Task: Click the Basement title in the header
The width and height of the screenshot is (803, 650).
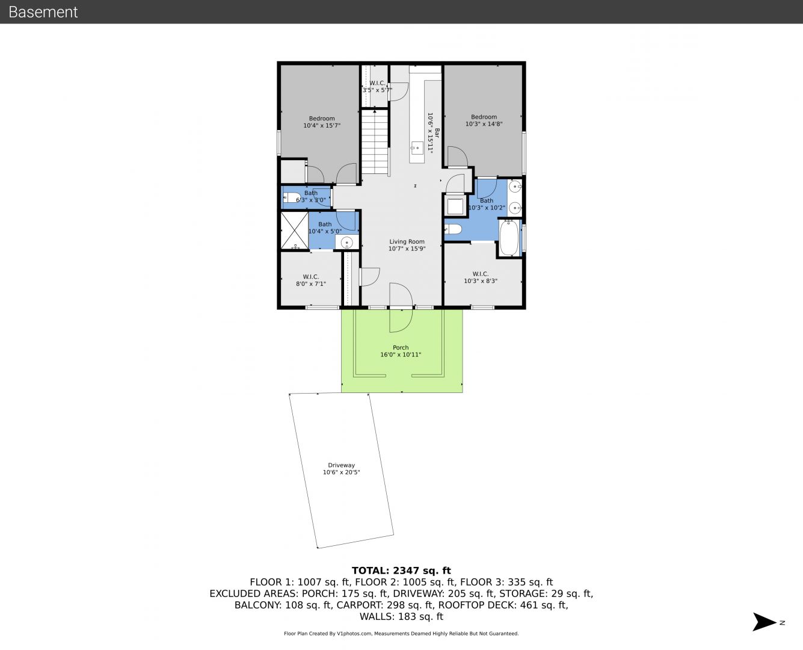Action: (x=43, y=12)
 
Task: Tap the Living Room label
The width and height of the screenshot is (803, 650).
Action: (x=407, y=241)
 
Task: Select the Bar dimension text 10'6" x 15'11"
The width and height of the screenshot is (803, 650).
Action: (x=430, y=133)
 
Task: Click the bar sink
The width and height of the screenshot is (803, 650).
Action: (x=417, y=148)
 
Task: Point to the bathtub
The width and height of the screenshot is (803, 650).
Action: (x=509, y=238)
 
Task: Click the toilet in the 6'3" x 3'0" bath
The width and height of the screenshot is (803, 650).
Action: (x=291, y=197)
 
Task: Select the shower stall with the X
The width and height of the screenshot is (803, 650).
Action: (x=295, y=231)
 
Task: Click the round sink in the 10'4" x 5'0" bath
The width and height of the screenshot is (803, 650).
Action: (x=346, y=243)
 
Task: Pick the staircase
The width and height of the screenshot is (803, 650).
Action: (x=375, y=141)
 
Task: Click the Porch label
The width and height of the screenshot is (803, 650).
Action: (x=401, y=347)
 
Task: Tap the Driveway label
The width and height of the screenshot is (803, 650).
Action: (x=341, y=465)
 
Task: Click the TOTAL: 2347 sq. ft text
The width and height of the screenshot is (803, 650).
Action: (x=401, y=571)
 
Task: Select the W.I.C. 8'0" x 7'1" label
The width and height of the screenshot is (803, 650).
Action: (x=310, y=280)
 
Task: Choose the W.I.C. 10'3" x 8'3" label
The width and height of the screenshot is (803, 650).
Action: (x=480, y=277)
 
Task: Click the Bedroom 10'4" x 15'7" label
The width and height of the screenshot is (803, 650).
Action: (x=322, y=122)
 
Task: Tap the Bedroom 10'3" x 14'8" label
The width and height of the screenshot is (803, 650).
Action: (x=484, y=120)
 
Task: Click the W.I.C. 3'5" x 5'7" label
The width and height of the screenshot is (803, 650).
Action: (x=377, y=87)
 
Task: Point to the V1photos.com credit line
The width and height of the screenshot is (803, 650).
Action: (x=401, y=633)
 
